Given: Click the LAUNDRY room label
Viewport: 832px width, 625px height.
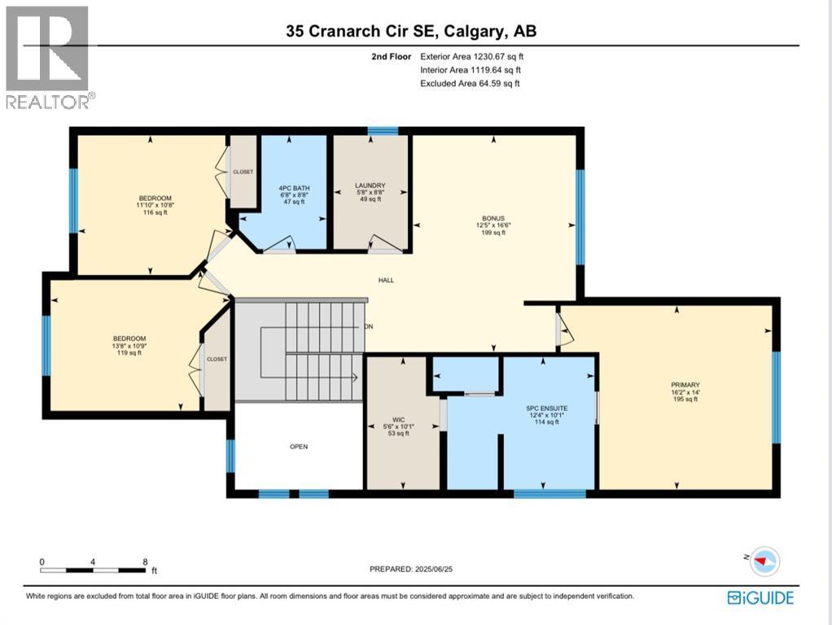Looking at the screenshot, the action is point(370,186).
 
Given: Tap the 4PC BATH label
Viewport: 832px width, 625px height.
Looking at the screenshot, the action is point(294,188).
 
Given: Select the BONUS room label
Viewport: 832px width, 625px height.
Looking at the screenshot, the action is point(493,218).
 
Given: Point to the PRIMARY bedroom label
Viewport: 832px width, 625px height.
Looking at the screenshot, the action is point(685,385).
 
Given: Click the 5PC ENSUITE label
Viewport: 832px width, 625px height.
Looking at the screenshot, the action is point(546,408).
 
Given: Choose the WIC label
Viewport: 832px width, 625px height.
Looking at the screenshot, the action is point(398,420).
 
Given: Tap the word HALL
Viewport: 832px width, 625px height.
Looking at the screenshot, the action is point(386,280).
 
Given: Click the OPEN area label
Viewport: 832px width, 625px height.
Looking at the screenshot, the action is point(299,447).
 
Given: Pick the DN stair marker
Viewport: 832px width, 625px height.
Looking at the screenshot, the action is point(369,326).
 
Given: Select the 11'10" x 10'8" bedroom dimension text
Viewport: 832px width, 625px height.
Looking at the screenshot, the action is point(155,205).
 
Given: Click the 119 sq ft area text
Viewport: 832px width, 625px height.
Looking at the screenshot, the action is point(129,353).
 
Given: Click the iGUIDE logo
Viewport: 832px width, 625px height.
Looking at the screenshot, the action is point(760,598).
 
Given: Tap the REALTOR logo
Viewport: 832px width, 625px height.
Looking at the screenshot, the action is point(48,57).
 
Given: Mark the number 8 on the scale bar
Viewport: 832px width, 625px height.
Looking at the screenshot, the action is point(145,562).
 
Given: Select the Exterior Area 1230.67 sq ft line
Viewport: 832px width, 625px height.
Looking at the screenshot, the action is point(471,56).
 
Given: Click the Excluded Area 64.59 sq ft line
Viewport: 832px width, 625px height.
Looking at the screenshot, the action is point(470,83).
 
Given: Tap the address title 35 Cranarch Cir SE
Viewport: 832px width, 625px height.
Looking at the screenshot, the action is point(362,31).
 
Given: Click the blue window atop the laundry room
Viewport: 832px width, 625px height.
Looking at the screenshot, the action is point(383,131).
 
